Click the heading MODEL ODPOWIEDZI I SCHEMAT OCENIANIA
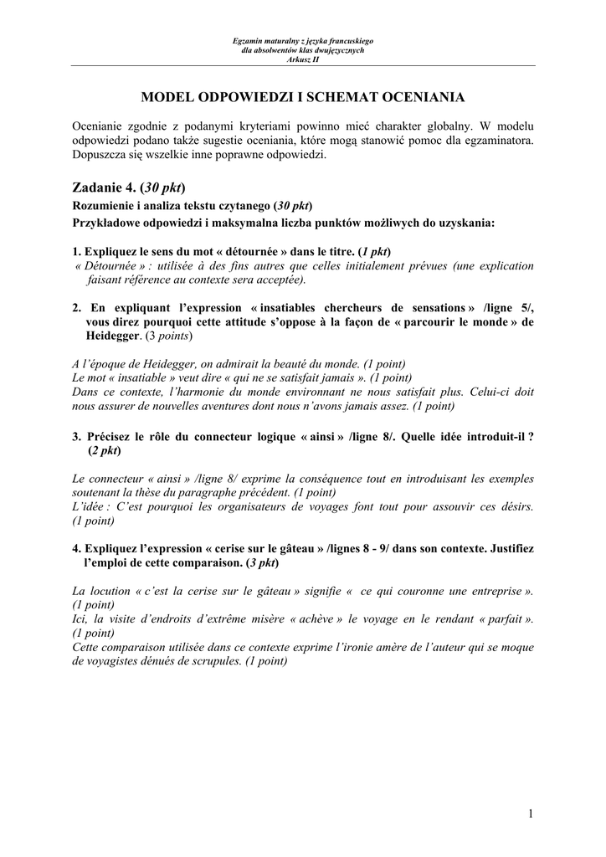pyautogui.click(x=302, y=97)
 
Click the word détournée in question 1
pyautogui.click(x=258, y=251)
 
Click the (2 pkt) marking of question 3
pyautogui.click(x=105, y=450)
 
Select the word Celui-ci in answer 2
pyautogui.click(x=490, y=392)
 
